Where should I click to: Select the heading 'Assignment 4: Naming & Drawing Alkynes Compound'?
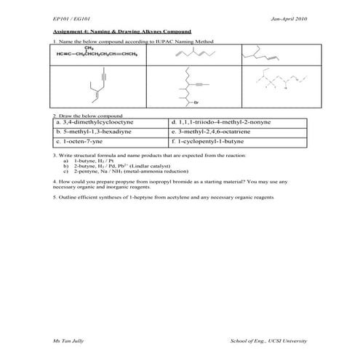(121, 33)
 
